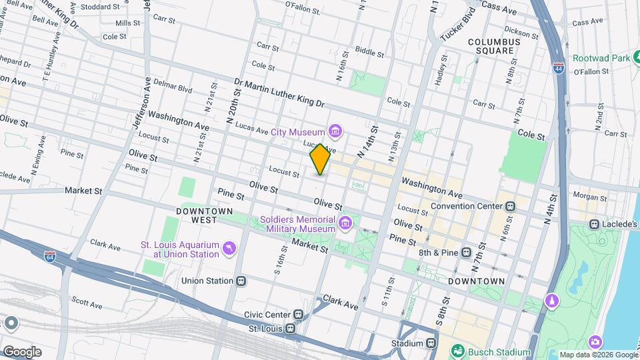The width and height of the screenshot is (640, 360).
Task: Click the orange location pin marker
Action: (x=320, y=159)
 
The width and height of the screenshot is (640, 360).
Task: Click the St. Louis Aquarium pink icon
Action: (x=230, y=248)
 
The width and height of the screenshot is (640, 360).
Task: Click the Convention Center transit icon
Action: (x=511, y=205)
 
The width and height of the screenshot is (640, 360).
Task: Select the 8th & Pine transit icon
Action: (x=466, y=253)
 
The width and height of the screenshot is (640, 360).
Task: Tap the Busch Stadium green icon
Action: (x=458, y=351)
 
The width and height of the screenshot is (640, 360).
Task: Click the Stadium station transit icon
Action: (x=431, y=343)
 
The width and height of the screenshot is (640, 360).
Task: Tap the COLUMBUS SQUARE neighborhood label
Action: (x=493, y=46)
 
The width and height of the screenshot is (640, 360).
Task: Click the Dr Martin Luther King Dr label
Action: (x=279, y=93)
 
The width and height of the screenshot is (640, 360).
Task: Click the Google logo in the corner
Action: (x=22, y=351)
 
